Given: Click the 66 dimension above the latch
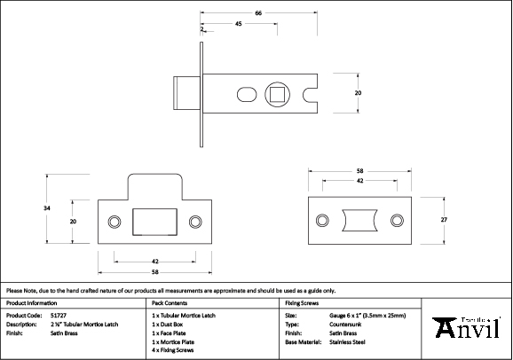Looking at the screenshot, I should click(257, 12).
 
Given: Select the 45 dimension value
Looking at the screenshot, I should click(239, 24).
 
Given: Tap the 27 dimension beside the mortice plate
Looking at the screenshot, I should click(444, 219).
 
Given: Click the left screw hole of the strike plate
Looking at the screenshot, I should click(113, 220).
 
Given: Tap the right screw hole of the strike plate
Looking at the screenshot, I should click(196, 220).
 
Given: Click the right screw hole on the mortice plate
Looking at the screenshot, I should click(397, 219).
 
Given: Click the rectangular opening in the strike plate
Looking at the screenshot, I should click(154, 220).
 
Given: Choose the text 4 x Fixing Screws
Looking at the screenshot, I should click(174, 349).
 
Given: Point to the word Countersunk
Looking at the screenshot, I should click(347, 324).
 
